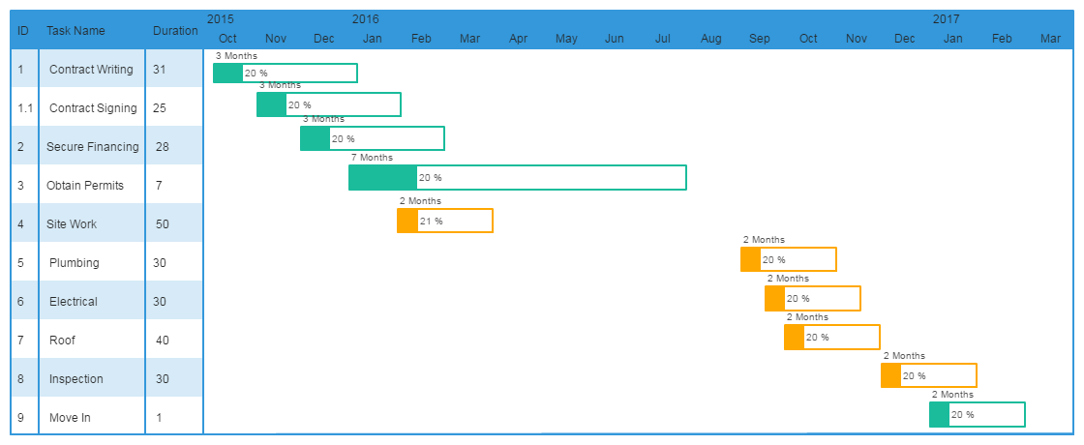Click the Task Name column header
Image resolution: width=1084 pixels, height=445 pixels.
click(x=75, y=30)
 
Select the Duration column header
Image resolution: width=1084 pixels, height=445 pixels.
click(x=175, y=30)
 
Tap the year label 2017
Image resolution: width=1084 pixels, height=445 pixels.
click(x=946, y=18)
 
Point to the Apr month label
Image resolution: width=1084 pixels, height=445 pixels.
click(x=518, y=39)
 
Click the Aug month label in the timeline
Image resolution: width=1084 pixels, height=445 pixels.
click(x=711, y=39)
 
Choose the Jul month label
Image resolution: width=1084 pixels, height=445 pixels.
click(x=663, y=39)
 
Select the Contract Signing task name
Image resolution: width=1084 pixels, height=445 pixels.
click(x=93, y=107)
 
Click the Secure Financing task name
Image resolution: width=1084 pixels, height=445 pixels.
click(x=93, y=146)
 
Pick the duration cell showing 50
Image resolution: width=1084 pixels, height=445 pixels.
click(x=163, y=223)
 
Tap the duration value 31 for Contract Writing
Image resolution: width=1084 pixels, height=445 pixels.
click(x=160, y=69)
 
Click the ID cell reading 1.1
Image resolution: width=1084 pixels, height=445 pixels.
click(x=25, y=107)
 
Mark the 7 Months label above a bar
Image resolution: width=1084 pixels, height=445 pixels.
click(x=372, y=157)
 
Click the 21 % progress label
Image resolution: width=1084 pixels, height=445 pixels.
click(x=432, y=221)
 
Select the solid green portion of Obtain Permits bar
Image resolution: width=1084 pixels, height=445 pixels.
click(x=382, y=177)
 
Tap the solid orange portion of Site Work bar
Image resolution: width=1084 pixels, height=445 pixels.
click(x=406, y=221)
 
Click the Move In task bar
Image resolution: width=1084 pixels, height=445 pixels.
click(x=977, y=414)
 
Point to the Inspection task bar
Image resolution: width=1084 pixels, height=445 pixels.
click(x=928, y=375)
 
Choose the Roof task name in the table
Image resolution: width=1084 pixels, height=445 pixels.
click(x=62, y=340)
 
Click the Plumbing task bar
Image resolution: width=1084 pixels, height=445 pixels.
click(x=788, y=259)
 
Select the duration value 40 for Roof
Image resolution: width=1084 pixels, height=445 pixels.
click(x=163, y=340)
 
